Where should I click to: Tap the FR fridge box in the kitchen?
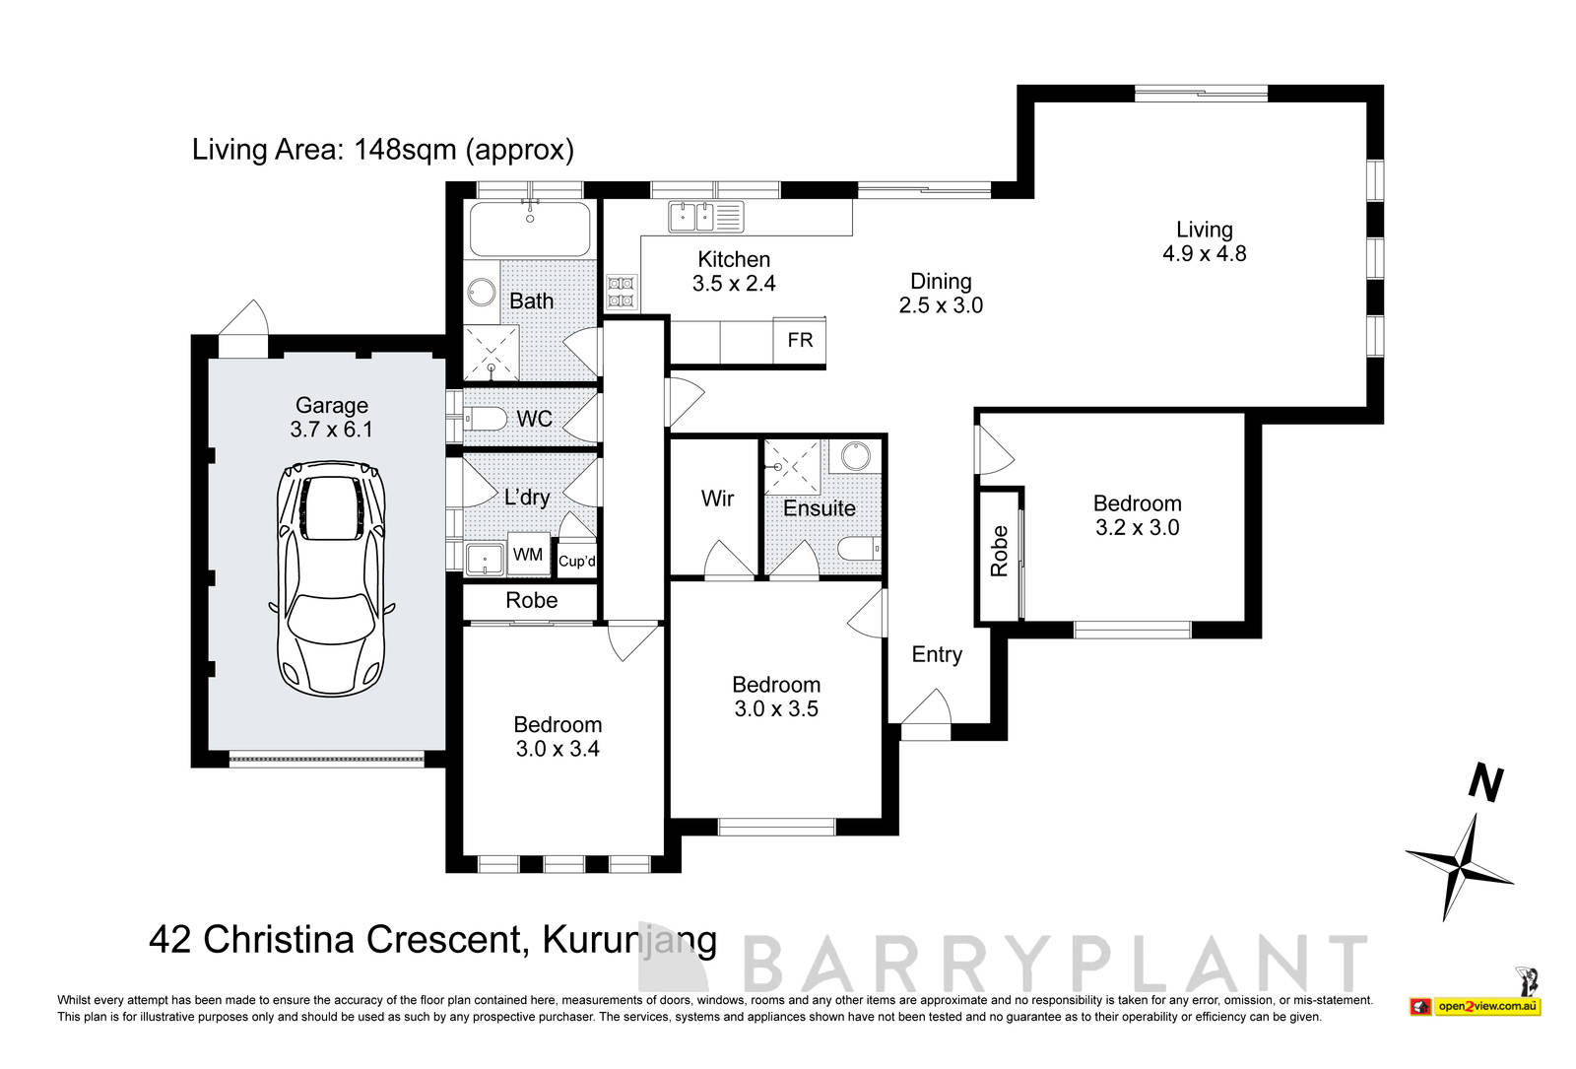tap(800, 340)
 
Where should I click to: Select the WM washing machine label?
tap(528, 555)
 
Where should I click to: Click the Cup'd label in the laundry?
tap(577, 562)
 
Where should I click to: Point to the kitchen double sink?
tap(705, 216)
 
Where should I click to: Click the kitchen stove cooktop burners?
tap(623, 292)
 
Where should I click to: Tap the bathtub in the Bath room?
tap(530, 229)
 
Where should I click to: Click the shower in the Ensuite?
tap(793, 466)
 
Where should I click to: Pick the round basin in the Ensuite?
tap(855, 456)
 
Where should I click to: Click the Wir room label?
tap(717, 499)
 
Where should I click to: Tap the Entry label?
tap(936, 655)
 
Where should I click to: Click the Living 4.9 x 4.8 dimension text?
tap(1204, 254)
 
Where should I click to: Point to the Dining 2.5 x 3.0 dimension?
tap(941, 305)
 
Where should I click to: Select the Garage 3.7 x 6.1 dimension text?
tap(331, 430)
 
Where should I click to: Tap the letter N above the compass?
tap(1486, 783)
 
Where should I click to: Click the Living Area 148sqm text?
tap(382, 150)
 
